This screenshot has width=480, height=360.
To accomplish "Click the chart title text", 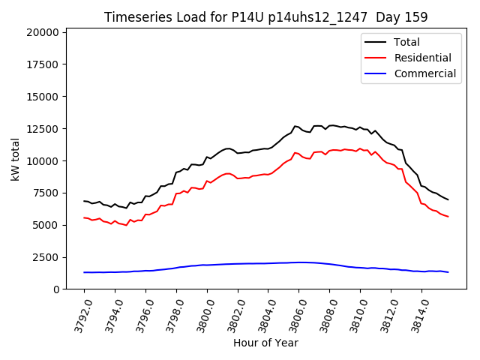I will (x=265, y=17).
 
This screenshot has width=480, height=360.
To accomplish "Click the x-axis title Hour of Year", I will (x=265, y=343).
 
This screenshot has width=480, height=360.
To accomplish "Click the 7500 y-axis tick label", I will (x=45, y=193).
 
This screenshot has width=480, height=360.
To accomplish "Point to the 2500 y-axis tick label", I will (x=45, y=257).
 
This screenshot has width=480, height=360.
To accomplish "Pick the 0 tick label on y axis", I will (x=55, y=289).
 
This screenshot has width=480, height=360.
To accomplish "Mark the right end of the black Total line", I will (x=448, y=199).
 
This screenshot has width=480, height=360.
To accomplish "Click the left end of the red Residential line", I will (x=84, y=217).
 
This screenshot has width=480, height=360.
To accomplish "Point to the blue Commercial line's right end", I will (x=448, y=272).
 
